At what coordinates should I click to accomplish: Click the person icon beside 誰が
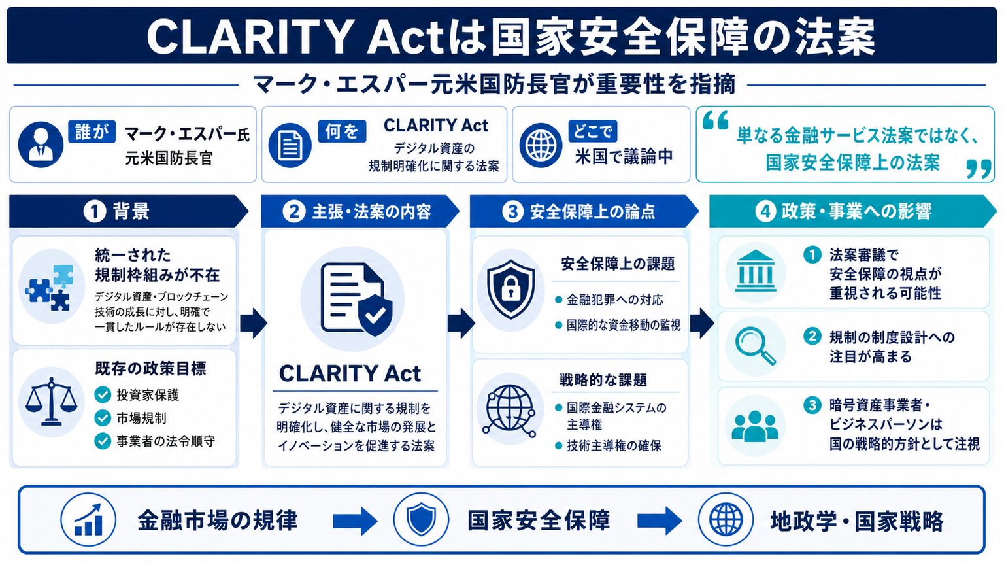41,145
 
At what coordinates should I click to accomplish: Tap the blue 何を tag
342,131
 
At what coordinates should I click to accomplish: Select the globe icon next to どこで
541,145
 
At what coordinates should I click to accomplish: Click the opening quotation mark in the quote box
715,120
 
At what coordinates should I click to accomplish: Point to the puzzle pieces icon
50,288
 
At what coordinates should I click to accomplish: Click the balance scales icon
51,402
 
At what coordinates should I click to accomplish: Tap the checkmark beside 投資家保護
103,394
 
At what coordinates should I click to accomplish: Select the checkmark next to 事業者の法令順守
103,441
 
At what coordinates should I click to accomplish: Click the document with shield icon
356,299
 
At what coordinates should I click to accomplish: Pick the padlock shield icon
510,289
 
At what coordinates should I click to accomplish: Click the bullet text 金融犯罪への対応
615,300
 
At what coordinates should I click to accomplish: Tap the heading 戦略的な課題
603,380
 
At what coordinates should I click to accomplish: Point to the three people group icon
755,426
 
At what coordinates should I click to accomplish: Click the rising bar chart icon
88,520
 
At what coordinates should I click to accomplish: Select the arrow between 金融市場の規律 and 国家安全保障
356,521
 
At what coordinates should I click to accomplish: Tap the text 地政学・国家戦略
857,521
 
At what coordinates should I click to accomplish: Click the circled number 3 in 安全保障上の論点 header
512,211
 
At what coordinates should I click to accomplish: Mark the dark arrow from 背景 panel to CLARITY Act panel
254,323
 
